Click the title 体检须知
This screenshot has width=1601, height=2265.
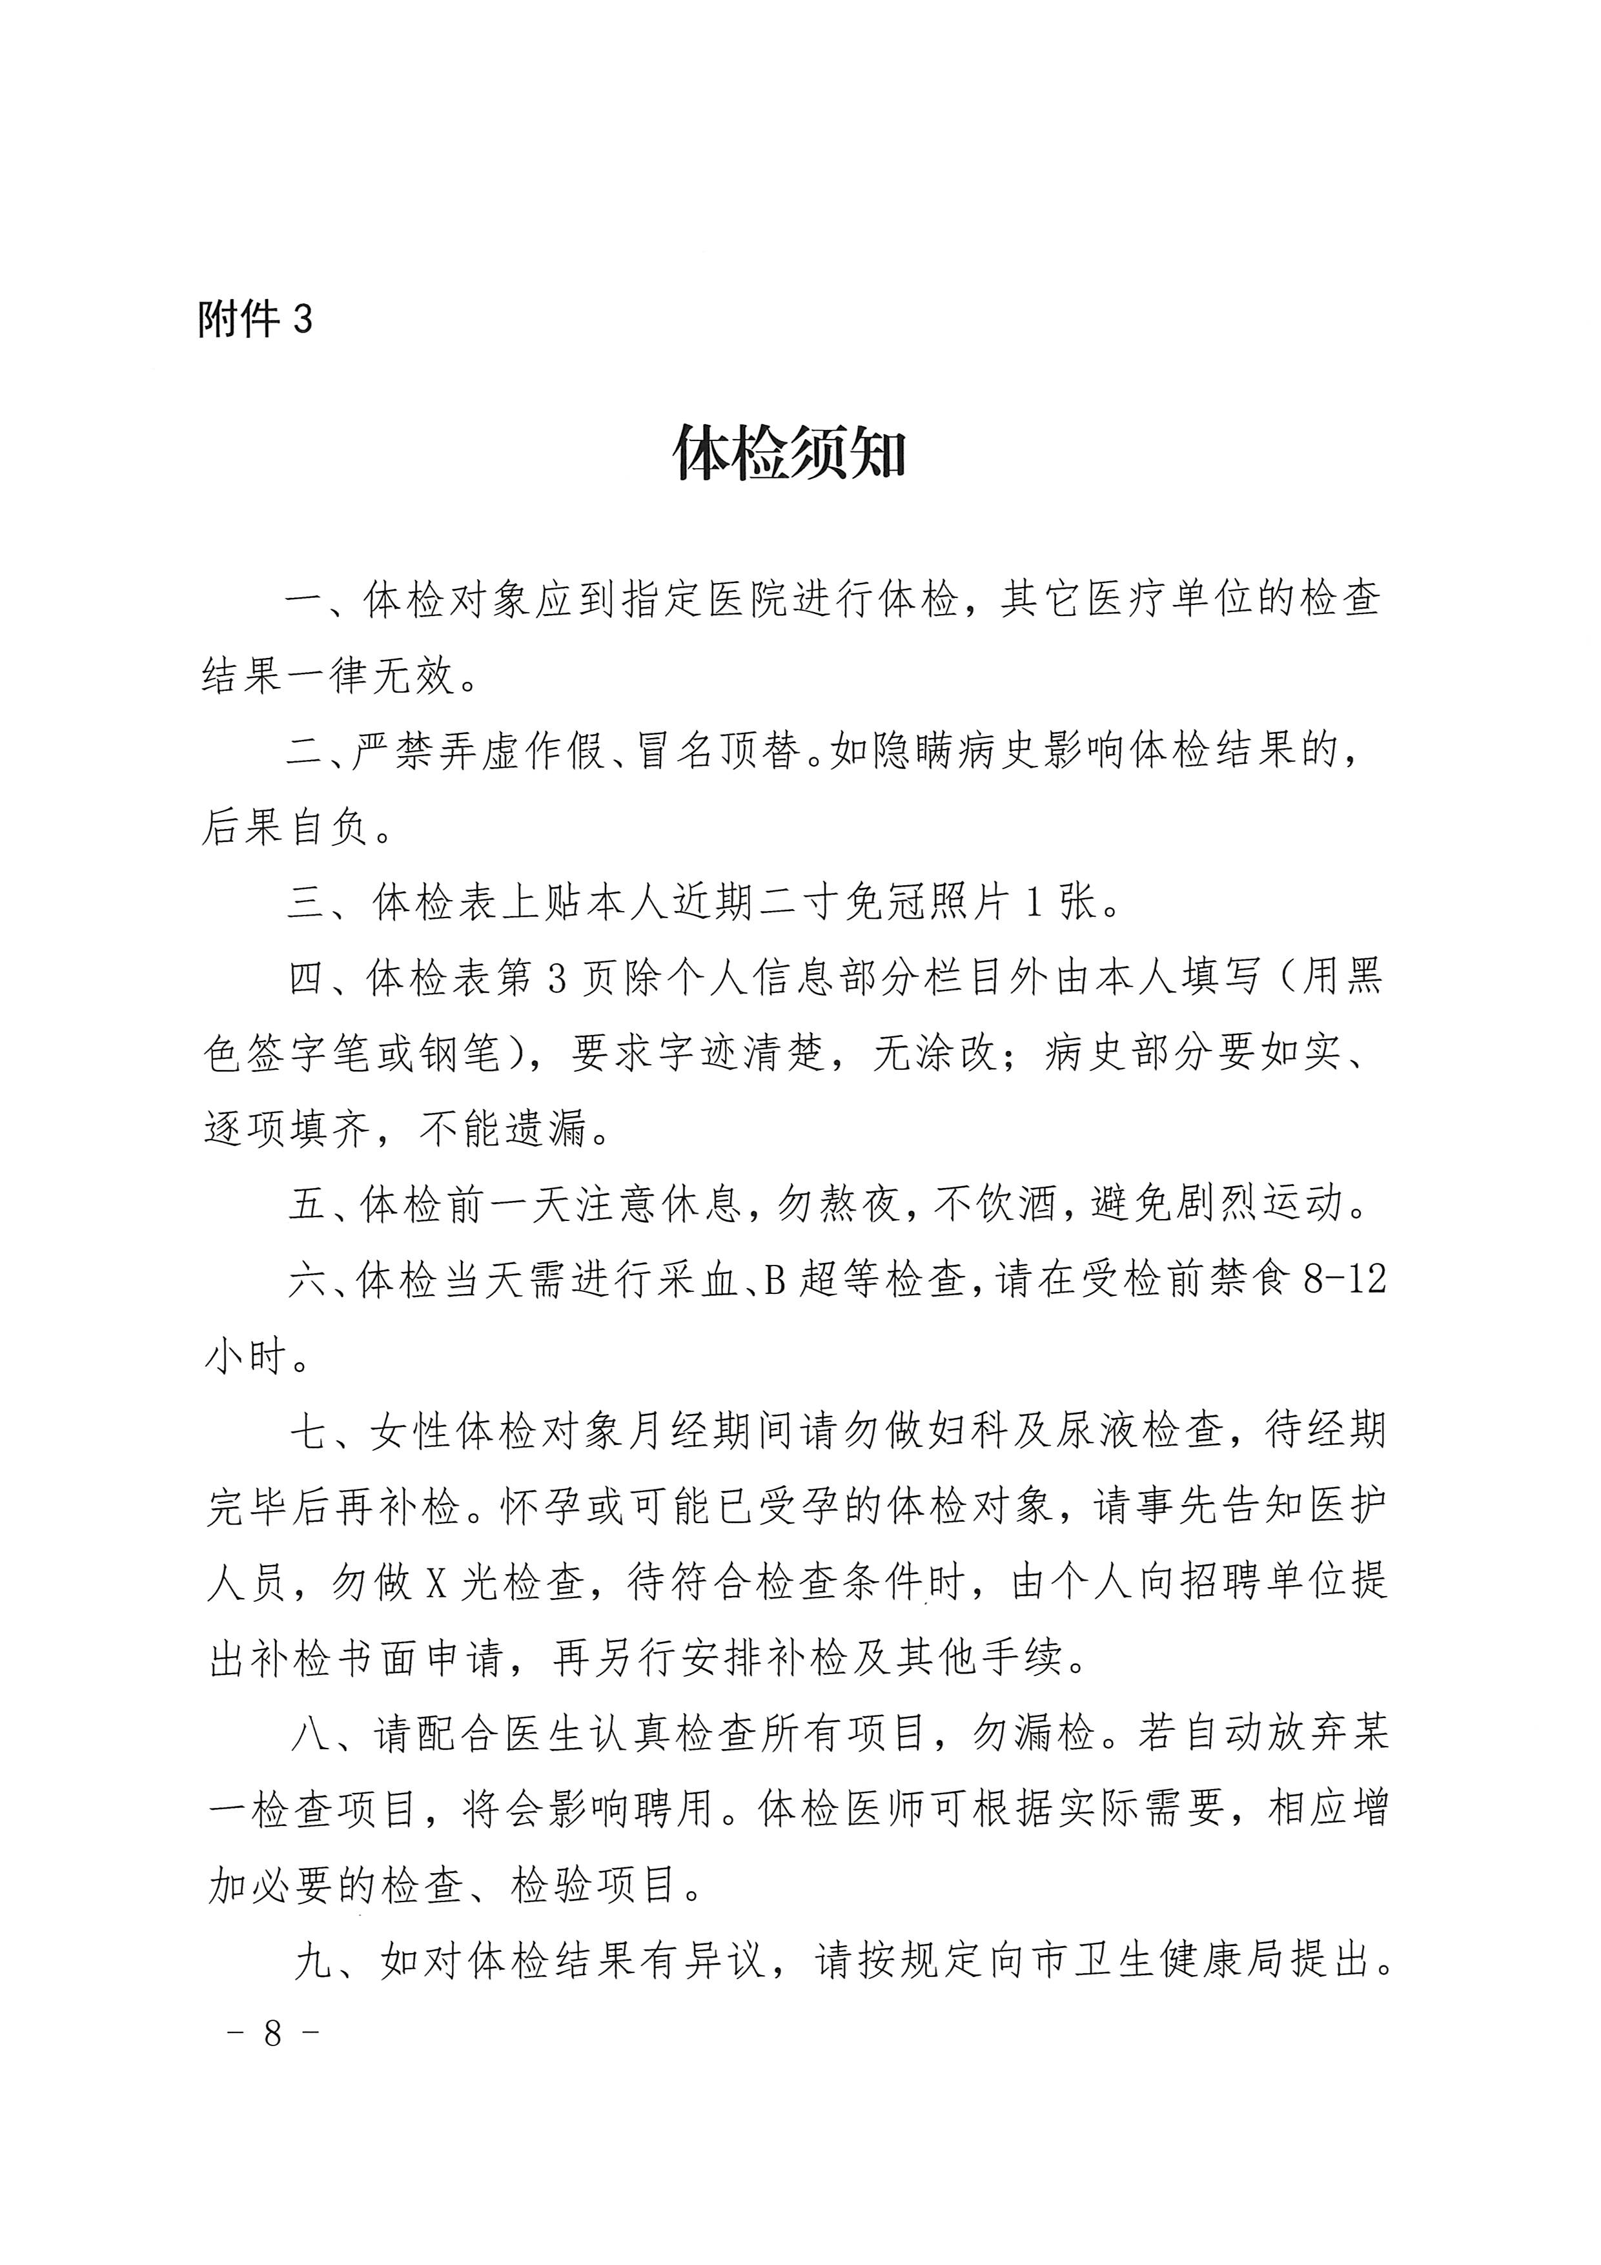pos(788,455)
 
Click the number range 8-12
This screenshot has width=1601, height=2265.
pos(1345,1280)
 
